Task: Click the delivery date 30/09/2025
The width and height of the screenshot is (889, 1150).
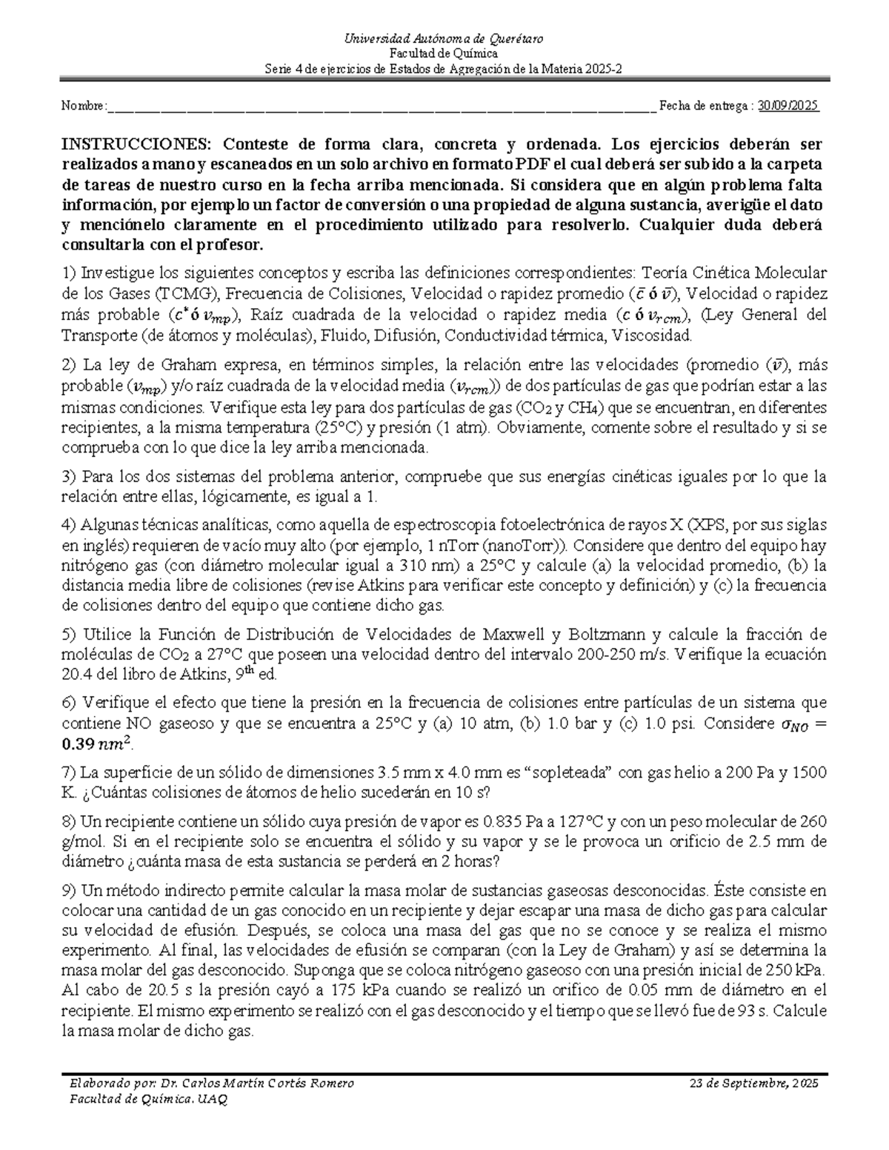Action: tap(788, 106)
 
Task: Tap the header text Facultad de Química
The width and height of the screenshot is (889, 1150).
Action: tap(444, 53)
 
